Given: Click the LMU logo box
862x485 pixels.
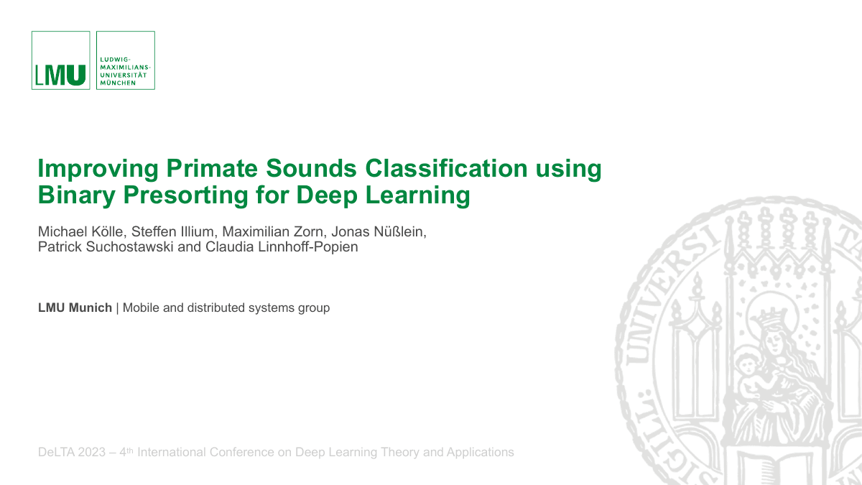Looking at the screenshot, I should pyautogui.click(x=60, y=60).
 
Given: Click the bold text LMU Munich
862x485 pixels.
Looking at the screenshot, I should pyautogui.click(x=75, y=308).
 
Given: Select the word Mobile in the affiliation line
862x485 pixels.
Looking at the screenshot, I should pyautogui.click(x=142, y=308).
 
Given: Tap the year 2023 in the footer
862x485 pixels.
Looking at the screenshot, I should pyautogui.click(x=92, y=453).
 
